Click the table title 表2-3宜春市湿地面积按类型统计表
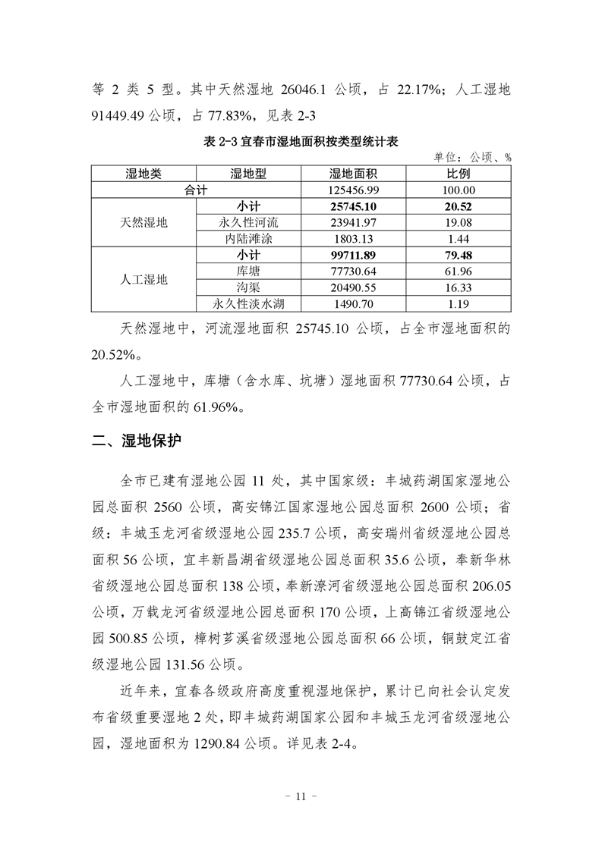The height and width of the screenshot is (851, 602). tap(301, 142)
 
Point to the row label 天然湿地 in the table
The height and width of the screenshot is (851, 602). tap(143, 223)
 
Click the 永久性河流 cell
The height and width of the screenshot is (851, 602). tap(248, 223)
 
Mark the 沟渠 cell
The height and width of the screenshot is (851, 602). tap(248, 288)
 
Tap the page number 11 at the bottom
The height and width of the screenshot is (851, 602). tap(301, 796)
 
